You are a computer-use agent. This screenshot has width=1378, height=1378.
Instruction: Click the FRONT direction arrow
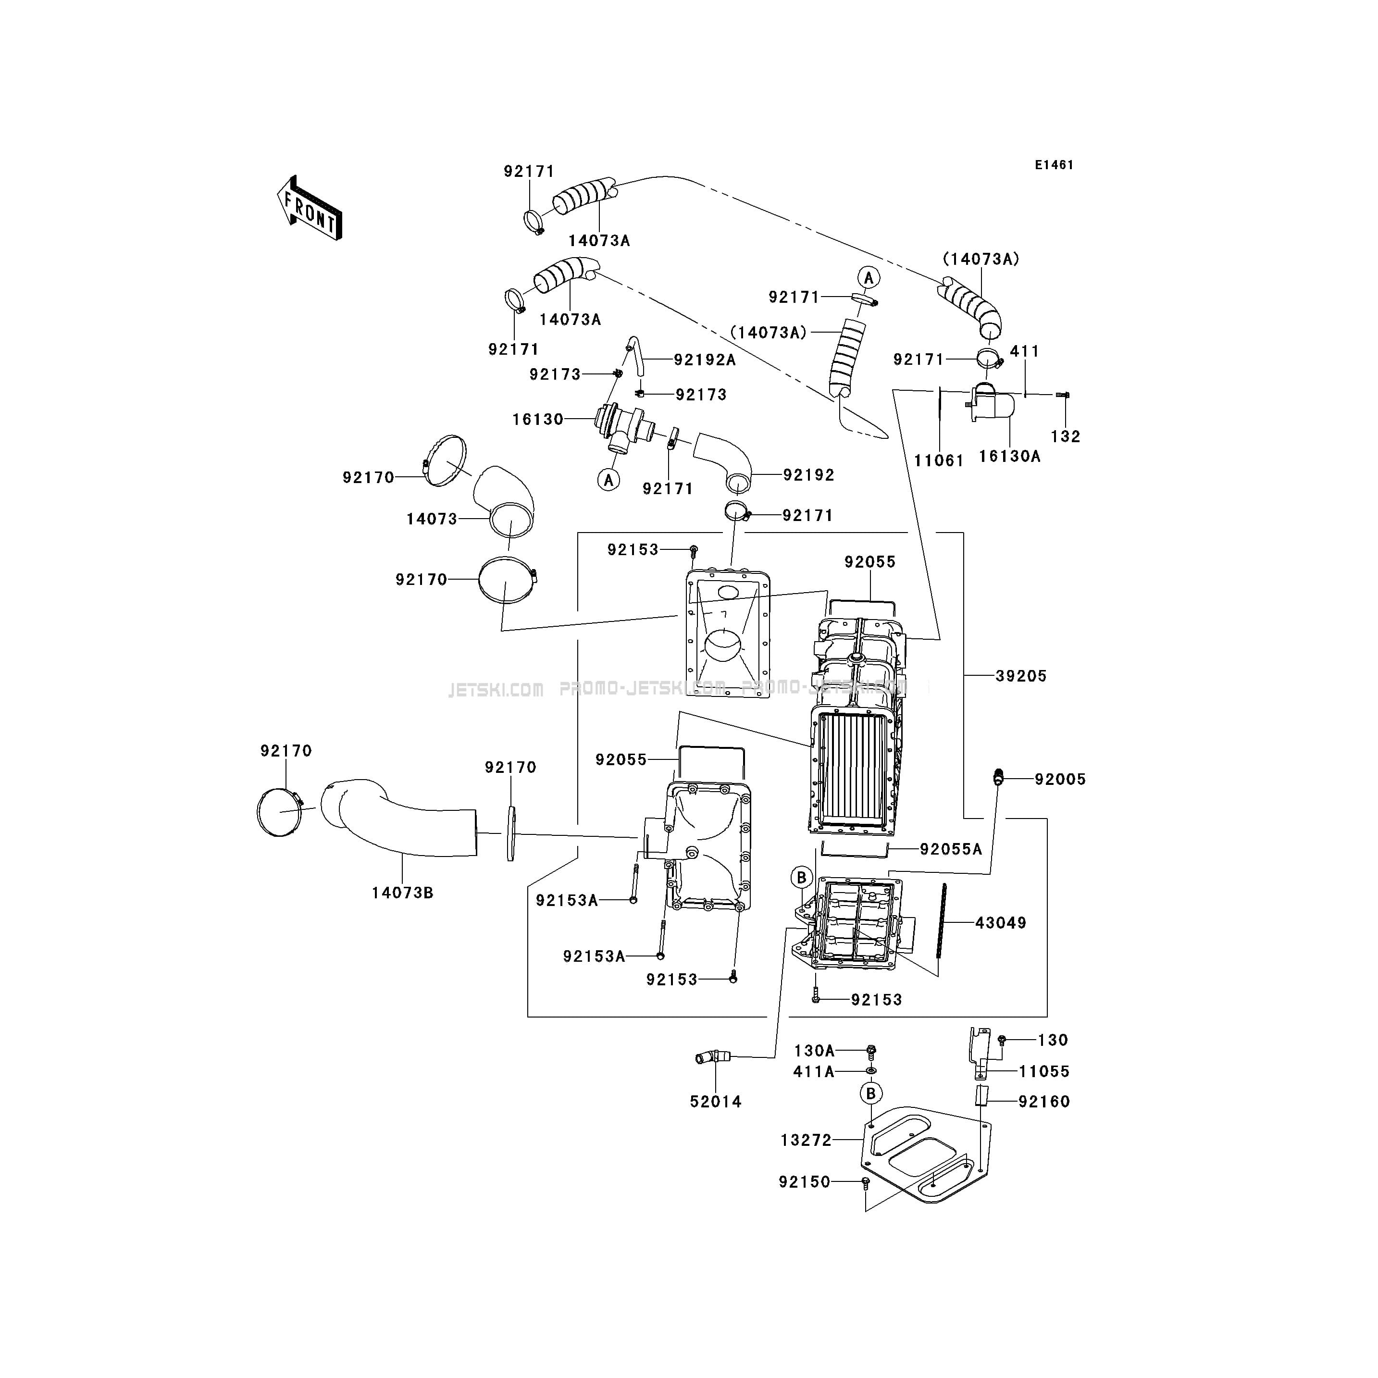(310, 208)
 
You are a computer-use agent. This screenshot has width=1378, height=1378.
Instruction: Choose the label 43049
(1001, 922)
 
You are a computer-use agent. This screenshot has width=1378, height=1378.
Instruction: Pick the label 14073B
(402, 892)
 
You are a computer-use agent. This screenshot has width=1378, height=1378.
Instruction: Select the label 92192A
(705, 360)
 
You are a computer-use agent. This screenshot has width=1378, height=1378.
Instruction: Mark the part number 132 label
(1066, 436)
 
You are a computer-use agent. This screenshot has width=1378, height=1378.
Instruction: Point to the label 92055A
(951, 849)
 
